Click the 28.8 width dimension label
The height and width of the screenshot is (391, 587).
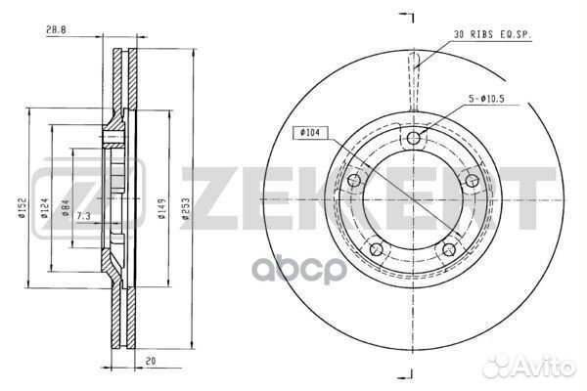point(56,30)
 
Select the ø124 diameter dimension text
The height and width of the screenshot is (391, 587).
point(44,208)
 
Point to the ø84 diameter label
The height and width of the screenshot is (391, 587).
point(66,208)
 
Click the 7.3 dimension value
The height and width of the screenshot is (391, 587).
point(83,216)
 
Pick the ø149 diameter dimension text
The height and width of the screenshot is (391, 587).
point(161,208)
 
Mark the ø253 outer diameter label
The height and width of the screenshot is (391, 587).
point(186,208)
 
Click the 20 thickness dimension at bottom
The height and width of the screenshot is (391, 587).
point(151,361)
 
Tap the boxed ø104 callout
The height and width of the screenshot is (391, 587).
point(309,133)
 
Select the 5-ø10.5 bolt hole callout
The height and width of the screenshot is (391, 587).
point(486,99)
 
